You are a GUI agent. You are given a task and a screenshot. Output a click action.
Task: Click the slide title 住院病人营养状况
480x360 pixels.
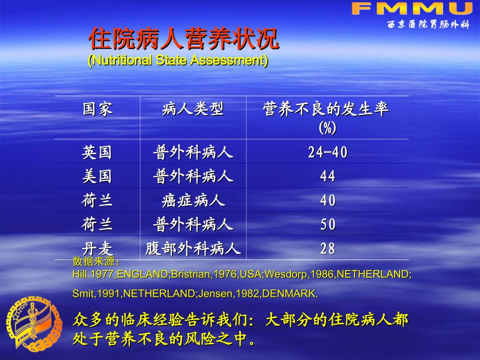(x=183, y=39)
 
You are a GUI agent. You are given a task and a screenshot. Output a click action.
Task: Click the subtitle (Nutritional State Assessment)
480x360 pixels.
(x=178, y=61)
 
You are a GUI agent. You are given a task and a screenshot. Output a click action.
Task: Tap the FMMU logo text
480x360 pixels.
(x=411, y=8)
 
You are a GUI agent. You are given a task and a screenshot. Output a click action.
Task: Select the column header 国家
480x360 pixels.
(x=98, y=109)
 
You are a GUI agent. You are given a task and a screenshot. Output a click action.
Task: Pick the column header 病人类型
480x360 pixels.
(x=193, y=109)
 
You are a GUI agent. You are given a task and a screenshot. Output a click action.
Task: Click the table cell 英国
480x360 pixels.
(x=97, y=152)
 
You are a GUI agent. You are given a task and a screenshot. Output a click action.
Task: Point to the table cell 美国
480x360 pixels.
(x=97, y=176)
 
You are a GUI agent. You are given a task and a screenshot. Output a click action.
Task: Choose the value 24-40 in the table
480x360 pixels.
(x=327, y=152)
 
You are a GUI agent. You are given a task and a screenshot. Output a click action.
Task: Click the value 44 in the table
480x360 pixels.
(x=327, y=176)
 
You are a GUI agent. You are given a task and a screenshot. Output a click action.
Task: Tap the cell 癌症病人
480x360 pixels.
(x=193, y=200)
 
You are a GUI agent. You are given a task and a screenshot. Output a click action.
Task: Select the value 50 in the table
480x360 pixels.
(x=327, y=225)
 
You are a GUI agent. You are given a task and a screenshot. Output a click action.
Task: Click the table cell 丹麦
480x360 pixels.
(x=97, y=248)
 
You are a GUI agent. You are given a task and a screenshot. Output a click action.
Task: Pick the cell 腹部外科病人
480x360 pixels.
(x=193, y=248)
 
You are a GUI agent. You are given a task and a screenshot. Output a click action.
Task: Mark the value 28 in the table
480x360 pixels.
(x=327, y=248)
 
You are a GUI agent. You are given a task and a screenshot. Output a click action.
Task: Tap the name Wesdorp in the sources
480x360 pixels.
(x=283, y=275)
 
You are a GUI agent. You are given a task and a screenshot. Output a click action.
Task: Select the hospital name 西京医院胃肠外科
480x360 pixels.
(x=428, y=25)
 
